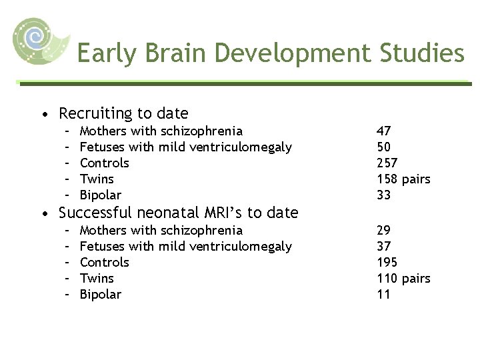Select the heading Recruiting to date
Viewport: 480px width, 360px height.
[123, 113]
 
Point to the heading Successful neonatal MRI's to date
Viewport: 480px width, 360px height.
[178, 213]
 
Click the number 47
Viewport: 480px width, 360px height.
[384, 131]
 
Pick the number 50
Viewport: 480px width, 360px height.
[384, 147]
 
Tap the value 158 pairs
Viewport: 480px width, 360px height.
[403, 179]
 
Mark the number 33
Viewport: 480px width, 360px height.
[384, 195]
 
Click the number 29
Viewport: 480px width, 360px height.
[384, 230]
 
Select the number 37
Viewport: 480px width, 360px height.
[384, 246]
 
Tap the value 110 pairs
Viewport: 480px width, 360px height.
[403, 278]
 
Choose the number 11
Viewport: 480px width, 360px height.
[383, 294]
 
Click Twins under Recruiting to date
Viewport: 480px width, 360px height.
[97, 179]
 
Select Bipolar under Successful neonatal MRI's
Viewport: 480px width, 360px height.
[101, 294]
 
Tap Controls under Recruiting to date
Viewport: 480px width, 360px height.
[105, 163]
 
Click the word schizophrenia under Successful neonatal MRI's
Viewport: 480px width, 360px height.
[201, 230]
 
